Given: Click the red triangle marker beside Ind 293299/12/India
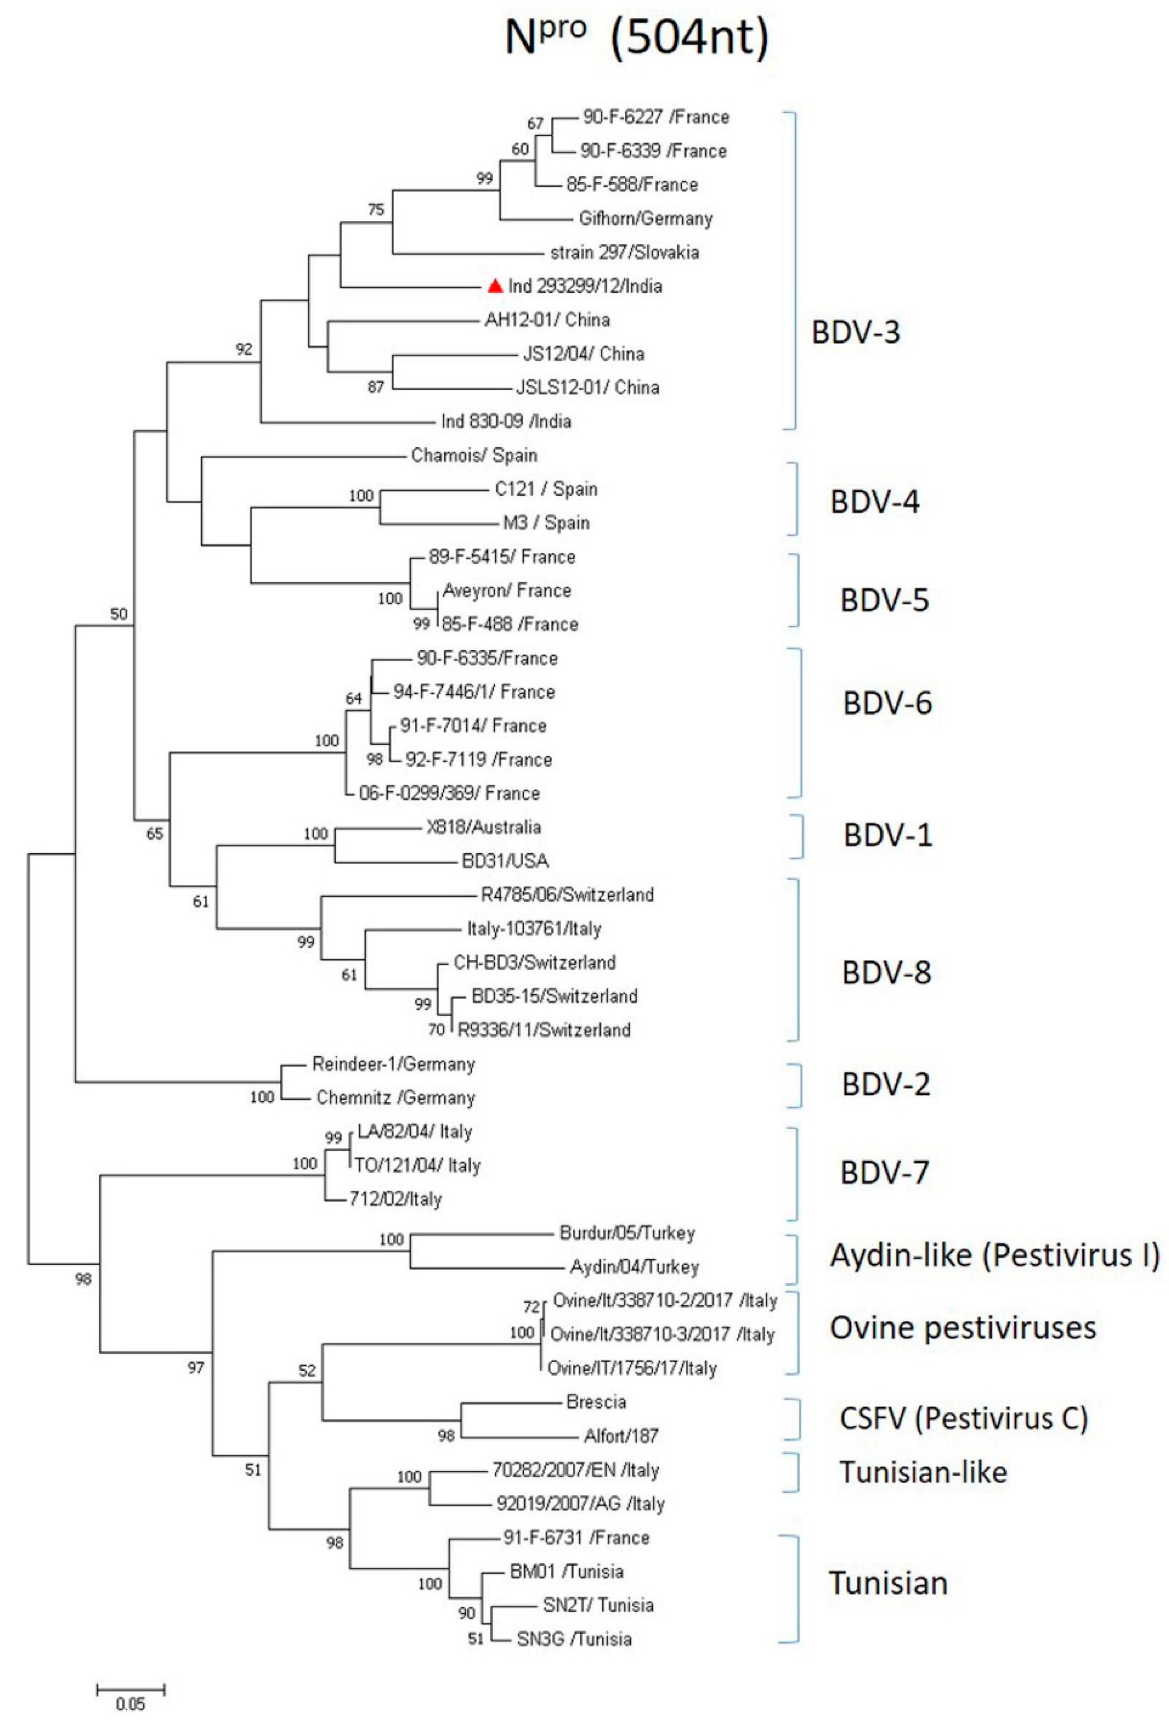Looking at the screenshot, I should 495,285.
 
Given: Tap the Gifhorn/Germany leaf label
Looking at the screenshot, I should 645,218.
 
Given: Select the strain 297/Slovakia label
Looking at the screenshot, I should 624,252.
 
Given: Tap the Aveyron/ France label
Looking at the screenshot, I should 507,591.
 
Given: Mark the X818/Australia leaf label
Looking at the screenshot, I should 483,827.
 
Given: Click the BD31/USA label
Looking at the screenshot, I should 505,861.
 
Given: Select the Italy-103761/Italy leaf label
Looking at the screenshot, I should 534,928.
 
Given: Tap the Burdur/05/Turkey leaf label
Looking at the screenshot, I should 627,1233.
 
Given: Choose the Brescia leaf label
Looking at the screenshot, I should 596,1401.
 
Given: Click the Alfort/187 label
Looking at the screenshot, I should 620,1436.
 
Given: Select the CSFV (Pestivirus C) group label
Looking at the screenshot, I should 963,1418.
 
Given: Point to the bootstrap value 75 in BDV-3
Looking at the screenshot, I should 376,210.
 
